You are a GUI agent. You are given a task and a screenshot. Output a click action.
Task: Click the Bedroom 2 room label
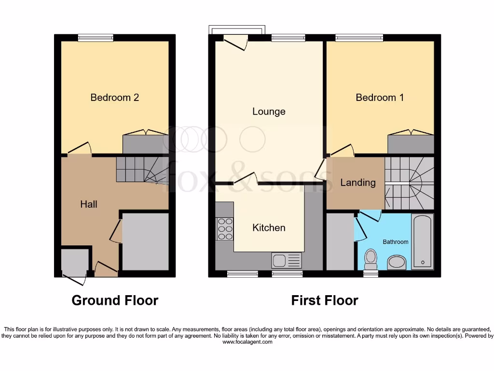pos(115,98)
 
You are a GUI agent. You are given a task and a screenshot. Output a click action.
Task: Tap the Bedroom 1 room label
pos(380,98)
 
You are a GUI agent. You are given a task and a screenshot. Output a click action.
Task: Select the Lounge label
pos(269,112)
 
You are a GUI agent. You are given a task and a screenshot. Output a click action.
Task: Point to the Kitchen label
pos(269,228)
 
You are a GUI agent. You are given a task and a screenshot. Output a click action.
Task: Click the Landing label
pos(357,183)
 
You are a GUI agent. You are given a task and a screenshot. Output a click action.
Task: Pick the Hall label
pos(89,204)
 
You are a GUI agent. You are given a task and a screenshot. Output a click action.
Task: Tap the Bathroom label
pos(396,242)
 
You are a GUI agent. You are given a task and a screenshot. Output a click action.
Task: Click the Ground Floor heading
pos(115,300)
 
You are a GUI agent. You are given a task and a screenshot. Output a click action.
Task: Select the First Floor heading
pos(325,300)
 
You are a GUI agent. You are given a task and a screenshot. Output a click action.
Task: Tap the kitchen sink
pos(287,261)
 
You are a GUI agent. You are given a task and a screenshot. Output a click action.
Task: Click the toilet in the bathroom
pos(370,258)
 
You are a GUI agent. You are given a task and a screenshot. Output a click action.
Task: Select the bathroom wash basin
pos(397,263)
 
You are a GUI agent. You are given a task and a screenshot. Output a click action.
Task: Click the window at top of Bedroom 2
pos(96,38)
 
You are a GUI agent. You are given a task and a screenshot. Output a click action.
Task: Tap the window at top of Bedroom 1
pos(359,38)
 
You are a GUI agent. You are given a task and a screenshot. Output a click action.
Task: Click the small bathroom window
pos(370,273)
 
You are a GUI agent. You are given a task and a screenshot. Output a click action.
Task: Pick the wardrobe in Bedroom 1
pos(411,144)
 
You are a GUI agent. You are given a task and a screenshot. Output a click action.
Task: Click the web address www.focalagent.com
pos(247,342)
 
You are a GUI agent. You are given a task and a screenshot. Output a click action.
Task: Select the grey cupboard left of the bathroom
pos(340,242)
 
